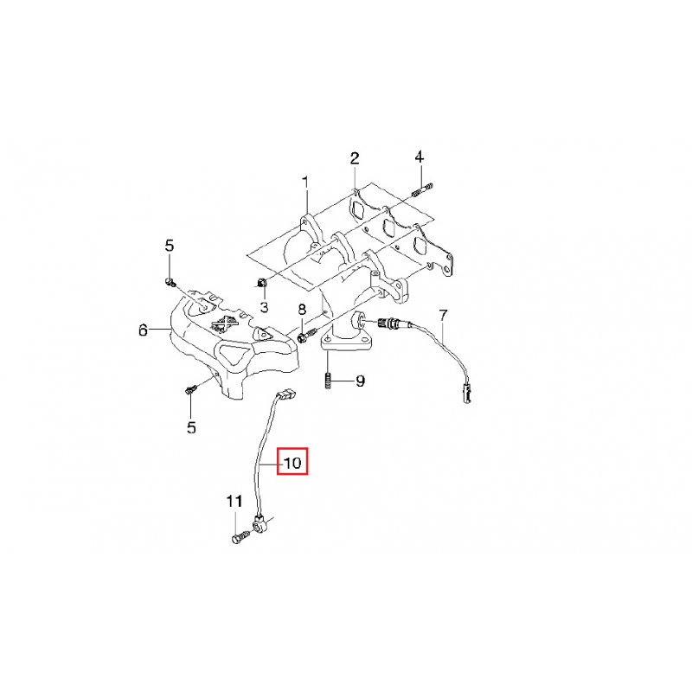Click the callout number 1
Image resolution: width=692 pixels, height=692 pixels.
pyautogui.click(x=305, y=183)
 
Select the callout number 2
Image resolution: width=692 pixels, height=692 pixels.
pyautogui.click(x=355, y=158)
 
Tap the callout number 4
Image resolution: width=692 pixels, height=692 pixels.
pyautogui.click(x=419, y=157)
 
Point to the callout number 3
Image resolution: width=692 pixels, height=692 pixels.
pyautogui.click(x=264, y=307)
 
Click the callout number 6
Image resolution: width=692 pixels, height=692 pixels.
pyautogui.click(x=143, y=330)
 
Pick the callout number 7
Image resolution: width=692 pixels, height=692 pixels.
pyautogui.click(x=443, y=316)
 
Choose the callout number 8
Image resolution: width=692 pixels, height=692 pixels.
pyautogui.click(x=302, y=310)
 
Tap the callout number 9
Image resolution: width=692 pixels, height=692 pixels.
pyautogui.click(x=360, y=381)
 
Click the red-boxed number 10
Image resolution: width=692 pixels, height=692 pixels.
pyautogui.click(x=292, y=463)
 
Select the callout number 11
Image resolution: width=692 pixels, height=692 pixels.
pyautogui.click(x=234, y=502)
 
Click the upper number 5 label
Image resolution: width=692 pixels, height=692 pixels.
pyautogui.click(x=170, y=246)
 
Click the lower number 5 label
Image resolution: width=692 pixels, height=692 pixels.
pyautogui.click(x=191, y=427)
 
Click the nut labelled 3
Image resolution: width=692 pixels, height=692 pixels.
pyautogui.click(x=261, y=283)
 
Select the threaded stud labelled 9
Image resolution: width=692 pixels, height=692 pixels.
pyautogui.click(x=328, y=381)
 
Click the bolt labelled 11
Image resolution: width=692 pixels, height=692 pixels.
pyautogui.click(x=240, y=537)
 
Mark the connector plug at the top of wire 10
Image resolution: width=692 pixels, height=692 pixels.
pyautogui.click(x=287, y=394)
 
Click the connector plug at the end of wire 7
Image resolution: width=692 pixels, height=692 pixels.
pyautogui.click(x=466, y=393)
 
